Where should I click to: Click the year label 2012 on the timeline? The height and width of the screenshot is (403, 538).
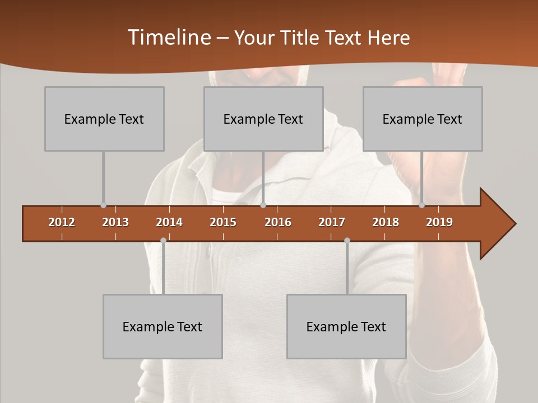[62, 222]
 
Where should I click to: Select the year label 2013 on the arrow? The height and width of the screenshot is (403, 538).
[115, 222]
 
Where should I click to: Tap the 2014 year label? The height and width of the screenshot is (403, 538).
[169, 222]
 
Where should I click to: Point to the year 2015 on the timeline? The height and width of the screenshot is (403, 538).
[223, 222]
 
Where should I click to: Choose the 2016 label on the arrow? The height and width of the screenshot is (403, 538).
[278, 222]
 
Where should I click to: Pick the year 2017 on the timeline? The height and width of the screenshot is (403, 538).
[332, 222]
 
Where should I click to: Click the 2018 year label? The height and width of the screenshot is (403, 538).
[386, 222]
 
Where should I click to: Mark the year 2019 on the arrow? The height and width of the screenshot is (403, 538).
[439, 222]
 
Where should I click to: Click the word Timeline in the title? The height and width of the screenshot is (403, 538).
[168, 38]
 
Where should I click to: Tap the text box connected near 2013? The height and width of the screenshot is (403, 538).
[104, 119]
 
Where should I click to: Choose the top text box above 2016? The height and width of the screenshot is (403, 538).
[263, 119]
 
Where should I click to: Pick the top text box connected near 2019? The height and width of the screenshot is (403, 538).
[423, 119]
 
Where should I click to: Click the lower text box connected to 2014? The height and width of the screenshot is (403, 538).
[163, 326]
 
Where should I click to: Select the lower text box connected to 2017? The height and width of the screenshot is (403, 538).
[346, 326]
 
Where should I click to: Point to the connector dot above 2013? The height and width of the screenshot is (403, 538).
[103, 205]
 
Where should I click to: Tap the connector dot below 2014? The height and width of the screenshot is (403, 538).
[163, 240]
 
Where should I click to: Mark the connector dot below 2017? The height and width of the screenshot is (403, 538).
[347, 240]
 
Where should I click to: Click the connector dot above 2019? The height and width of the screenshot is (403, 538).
[421, 205]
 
